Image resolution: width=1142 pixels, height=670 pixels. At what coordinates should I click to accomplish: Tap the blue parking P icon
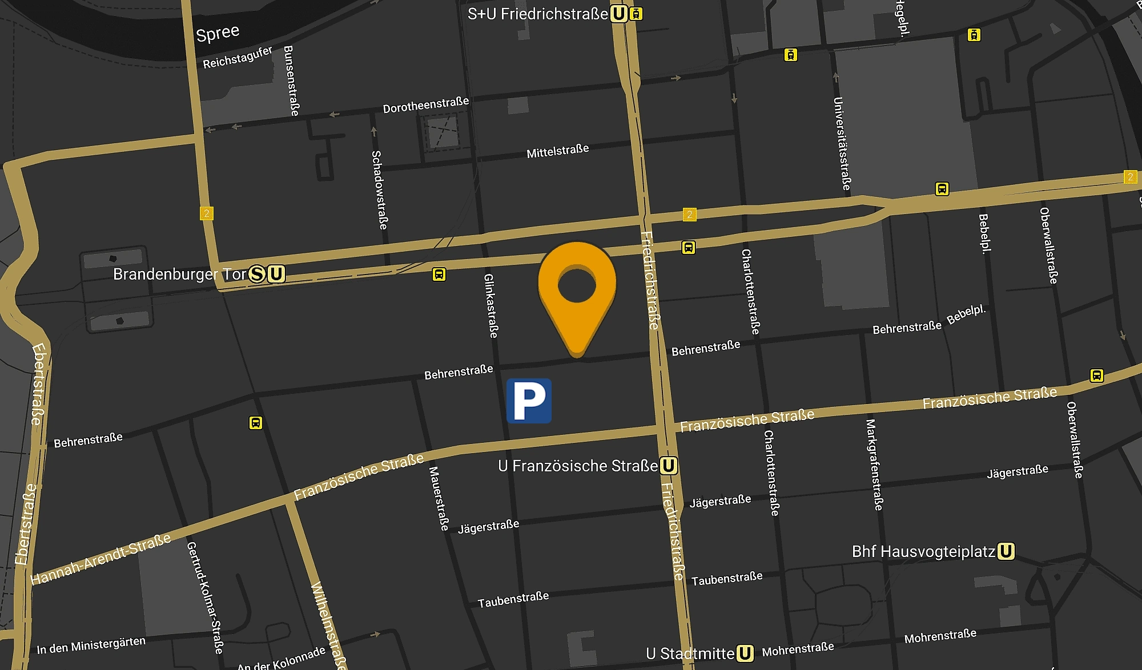(529, 401)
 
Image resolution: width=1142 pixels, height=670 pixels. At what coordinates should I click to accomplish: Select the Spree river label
(218, 33)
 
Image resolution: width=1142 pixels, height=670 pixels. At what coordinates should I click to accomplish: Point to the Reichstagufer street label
(238, 58)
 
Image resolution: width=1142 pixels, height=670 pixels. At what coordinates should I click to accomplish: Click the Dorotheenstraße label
(425, 105)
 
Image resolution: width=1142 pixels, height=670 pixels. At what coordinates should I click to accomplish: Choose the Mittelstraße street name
(557, 152)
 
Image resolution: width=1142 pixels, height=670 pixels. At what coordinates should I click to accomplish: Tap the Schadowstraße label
(379, 190)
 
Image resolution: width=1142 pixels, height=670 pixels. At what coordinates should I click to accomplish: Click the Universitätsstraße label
(842, 144)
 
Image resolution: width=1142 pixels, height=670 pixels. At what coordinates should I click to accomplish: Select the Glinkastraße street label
(490, 306)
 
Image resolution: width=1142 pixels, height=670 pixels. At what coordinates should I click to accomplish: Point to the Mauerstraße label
(439, 499)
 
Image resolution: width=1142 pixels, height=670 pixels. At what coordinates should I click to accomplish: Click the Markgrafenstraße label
(874, 465)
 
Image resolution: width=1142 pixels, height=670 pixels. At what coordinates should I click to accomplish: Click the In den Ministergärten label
(91, 645)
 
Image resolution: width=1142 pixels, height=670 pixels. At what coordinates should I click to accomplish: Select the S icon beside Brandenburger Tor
(258, 274)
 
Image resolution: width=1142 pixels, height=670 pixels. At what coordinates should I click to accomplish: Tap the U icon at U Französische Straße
(669, 466)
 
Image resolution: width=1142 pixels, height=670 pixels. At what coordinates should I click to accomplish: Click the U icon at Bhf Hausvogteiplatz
(1006, 551)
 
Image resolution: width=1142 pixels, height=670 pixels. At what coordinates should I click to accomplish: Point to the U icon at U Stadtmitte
(745, 653)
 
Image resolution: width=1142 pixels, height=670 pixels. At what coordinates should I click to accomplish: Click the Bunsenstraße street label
(291, 80)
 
